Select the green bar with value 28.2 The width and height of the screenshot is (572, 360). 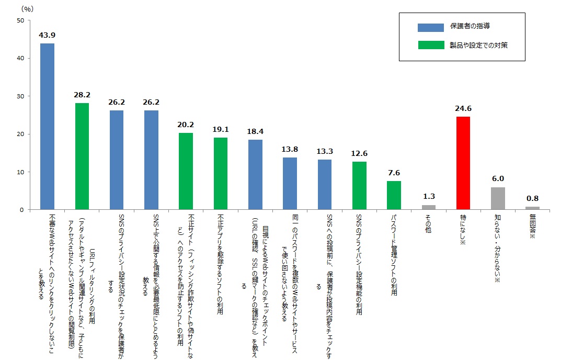82,156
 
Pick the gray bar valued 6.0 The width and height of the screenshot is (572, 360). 498,198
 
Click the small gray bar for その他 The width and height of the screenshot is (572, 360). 429,207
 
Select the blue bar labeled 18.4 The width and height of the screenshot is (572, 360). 255,175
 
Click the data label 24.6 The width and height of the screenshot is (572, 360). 463,109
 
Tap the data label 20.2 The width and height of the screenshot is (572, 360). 186,125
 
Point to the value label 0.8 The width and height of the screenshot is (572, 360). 532,199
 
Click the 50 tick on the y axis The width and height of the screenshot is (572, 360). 20,20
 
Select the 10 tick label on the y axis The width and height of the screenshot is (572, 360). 20,172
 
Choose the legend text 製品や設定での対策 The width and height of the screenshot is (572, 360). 479,46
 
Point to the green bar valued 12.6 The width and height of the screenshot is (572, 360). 359,186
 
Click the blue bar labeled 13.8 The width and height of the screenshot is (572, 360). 290,184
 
